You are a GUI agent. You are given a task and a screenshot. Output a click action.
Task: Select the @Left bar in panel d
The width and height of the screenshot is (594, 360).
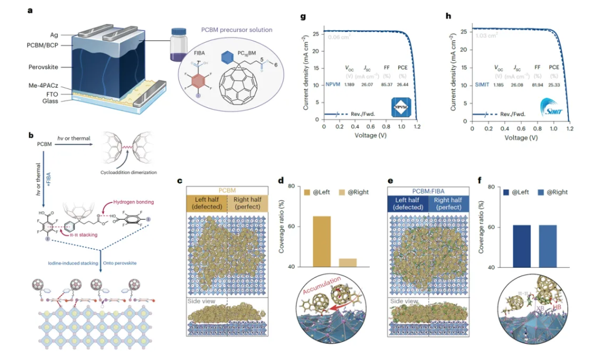321,241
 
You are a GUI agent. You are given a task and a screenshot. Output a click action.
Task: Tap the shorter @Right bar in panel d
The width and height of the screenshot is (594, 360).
348,262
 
